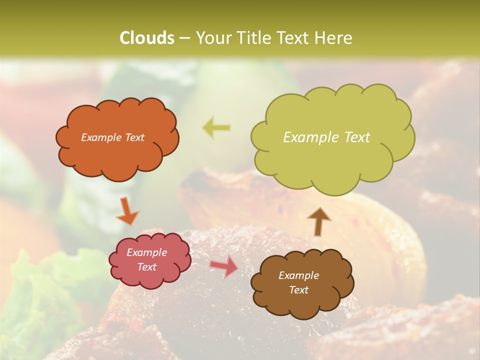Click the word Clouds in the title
coord(146,38)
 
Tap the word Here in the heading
coord(334,38)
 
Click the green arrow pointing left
coord(216,127)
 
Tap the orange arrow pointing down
coord(127,210)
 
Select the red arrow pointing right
coord(223,267)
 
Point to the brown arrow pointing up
coord(318,221)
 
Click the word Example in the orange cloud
coord(100,137)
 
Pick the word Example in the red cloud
coord(147,252)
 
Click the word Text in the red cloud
coord(147,267)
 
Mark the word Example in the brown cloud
coord(298,275)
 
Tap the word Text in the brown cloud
coord(298,290)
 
